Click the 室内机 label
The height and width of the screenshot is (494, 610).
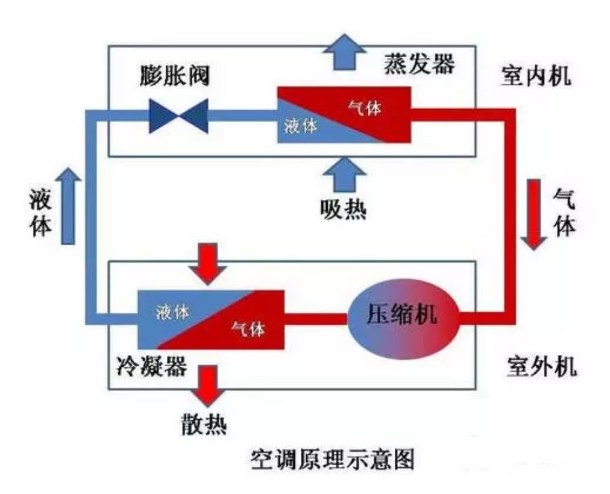click(536, 77)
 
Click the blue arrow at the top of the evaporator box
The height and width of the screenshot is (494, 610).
click(344, 51)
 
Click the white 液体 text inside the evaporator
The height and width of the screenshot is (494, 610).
click(300, 127)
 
